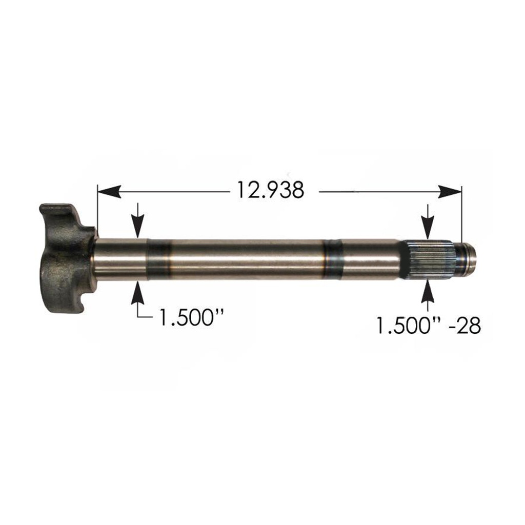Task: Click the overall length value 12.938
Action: [270, 190]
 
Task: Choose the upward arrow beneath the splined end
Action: [428, 293]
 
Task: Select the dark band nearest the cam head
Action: [159, 259]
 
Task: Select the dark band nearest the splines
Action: [333, 259]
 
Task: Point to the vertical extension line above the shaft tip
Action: [461, 215]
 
